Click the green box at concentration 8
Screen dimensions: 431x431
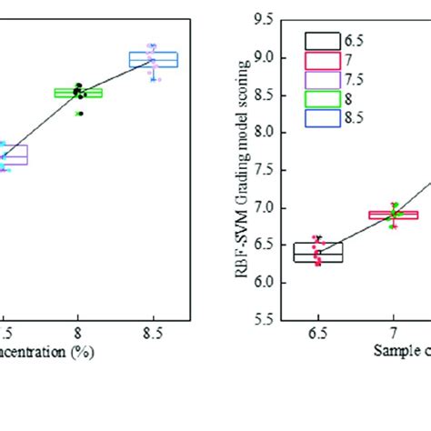pos(78,92)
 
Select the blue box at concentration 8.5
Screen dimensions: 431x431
pos(154,59)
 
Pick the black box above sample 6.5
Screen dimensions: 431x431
pos(318,252)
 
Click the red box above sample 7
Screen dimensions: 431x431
pos(393,215)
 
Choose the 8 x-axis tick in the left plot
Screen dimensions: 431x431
pos(78,333)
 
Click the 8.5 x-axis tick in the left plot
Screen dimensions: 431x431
pos(154,333)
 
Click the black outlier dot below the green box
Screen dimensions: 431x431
pos(79,114)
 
